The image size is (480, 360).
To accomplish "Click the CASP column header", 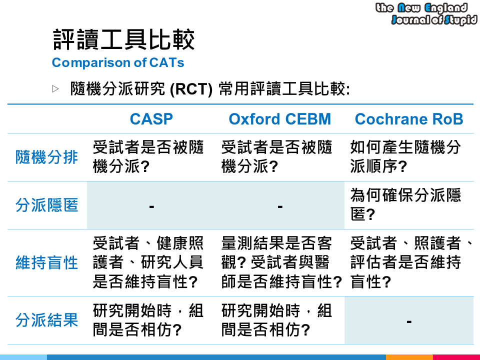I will click(x=151, y=119).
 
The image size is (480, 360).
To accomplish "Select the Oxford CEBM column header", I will click(x=279, y=119).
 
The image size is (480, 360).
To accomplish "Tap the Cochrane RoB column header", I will click(x=408, y=119).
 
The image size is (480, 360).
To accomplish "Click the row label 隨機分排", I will click(x=46, y=157).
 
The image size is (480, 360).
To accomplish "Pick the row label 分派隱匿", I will click(x=46, y=205).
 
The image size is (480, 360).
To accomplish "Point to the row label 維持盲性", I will click(x=46, y=262).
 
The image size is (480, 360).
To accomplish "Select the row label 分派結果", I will click(x=46, y=320).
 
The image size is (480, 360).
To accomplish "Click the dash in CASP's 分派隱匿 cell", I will click(x=151, y=206).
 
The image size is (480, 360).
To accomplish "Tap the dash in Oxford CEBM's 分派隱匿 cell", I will click(x=280, y=206).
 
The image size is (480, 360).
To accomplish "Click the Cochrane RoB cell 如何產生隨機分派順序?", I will click(x=405, y=157).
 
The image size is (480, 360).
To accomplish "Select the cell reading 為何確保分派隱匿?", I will click(x=405, y=205).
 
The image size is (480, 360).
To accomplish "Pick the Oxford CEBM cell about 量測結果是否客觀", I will click(x=281, y=262).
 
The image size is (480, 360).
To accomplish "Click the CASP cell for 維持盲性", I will click(x=148, y=262).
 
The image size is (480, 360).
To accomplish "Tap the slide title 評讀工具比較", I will click(x=123, y=40).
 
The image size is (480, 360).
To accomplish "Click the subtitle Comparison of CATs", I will click(x=118, y=63).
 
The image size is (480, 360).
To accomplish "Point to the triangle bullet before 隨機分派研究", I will click(x=55, y=89).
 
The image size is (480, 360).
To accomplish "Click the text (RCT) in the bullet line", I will click(x=191, y=90).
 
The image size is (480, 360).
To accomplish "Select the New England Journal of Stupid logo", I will click(x=426, y=13).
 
